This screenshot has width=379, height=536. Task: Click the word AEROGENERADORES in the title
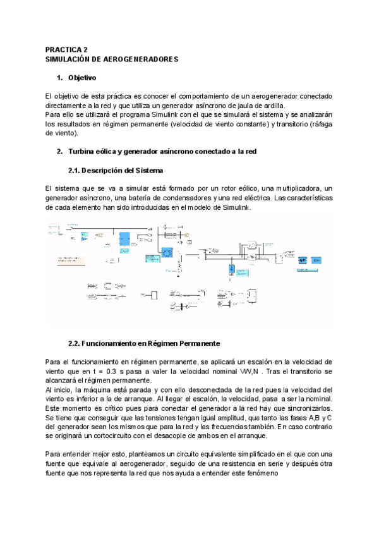click(x=140, y=59)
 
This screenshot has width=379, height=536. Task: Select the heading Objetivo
click(x=81, y=78)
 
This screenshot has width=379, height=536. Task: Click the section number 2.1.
click(x=75, y=171)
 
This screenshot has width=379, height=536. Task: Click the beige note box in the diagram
click(x=73, y=259)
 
